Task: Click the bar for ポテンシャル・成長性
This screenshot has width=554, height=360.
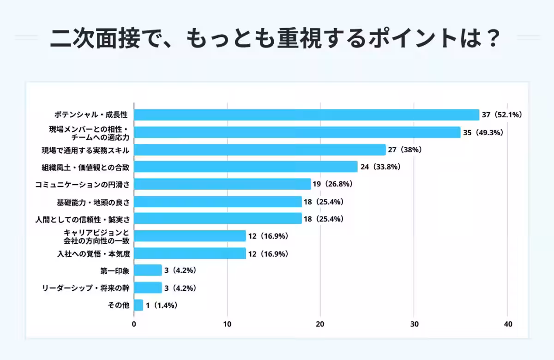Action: (307, 115)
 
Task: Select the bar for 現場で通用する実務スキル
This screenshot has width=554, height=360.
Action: (260, 150)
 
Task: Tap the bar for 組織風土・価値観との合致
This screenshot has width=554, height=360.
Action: (246, 167)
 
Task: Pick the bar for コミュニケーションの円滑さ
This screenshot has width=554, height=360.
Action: (223, 184)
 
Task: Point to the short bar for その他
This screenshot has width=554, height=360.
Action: (138, 305)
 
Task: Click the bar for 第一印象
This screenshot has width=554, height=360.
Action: (148, 270)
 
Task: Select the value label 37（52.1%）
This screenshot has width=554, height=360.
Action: (502, 115)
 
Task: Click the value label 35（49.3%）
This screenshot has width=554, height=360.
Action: (483, 132)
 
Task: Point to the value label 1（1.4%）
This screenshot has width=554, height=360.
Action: (162, 305)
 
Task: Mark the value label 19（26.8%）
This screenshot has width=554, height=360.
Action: (333, 184)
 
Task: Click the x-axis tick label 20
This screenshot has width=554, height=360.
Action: (320, 324)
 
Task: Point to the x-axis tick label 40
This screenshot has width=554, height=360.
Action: (507, 324)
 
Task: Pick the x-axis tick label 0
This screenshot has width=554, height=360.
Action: (134, 324)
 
